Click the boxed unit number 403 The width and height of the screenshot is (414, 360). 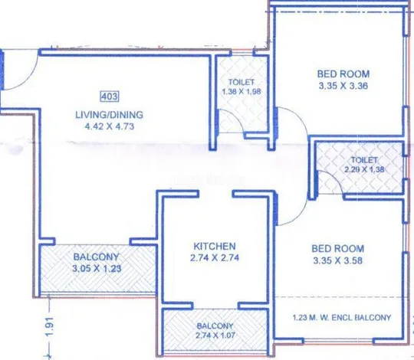(110, 97)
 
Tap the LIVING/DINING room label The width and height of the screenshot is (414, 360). (110, 115)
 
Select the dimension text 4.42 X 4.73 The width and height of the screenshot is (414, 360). (110, 126)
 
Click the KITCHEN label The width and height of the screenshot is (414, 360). (215, 247)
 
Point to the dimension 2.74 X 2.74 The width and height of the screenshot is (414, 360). (215, 257)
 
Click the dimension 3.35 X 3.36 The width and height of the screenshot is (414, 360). (343, 86)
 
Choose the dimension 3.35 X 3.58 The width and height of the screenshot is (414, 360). (337, 260)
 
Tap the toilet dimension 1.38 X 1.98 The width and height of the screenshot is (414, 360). (242, 92)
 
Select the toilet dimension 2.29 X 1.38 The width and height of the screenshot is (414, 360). (364, 169)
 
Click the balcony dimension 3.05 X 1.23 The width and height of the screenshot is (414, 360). (97, 269)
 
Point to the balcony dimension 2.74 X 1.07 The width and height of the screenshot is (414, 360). (215, 335)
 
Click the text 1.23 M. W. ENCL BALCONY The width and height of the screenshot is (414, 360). (342, 317)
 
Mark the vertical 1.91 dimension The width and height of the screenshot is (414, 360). (50, 326)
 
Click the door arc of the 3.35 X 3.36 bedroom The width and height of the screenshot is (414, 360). (301, 116)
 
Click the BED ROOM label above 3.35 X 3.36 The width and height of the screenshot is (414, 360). (343, 74)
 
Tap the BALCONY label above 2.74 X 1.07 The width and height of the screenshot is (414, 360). (215, 326)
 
